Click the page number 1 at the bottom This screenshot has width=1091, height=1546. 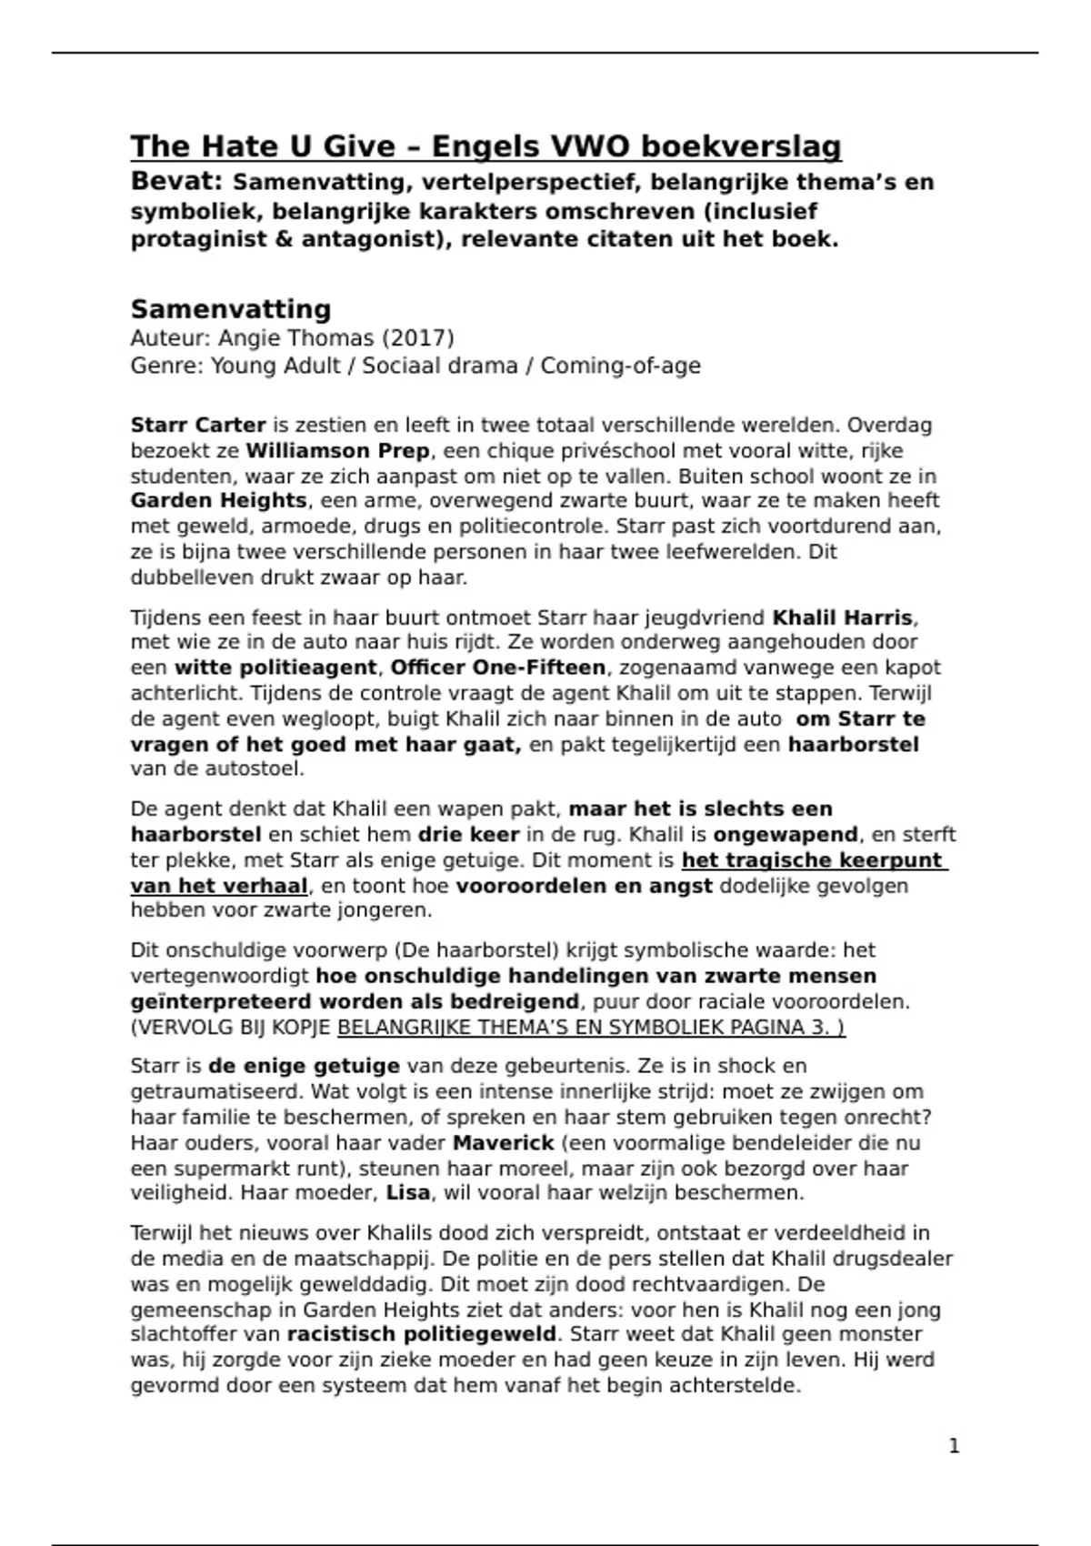[954, 1446]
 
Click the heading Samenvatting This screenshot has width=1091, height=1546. [231, 309]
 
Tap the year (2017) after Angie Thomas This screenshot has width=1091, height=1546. [417, 338]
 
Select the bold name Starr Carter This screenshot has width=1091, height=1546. [198, 425]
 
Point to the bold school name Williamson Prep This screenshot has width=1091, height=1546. [337, 451]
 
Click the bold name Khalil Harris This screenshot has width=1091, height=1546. [842, 618]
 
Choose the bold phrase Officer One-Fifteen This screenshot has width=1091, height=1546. [498, 668]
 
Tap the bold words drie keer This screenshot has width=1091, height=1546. [468, 835]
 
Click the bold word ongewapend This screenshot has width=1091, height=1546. [786, 835]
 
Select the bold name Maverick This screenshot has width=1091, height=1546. [504, 1143]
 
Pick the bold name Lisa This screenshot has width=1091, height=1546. [408, 1193]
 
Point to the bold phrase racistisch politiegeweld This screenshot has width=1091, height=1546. [422, 1335]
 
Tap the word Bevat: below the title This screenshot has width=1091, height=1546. [177, 182]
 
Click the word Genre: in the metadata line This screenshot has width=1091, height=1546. [167, 366]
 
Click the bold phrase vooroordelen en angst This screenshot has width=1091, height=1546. [584, 886]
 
